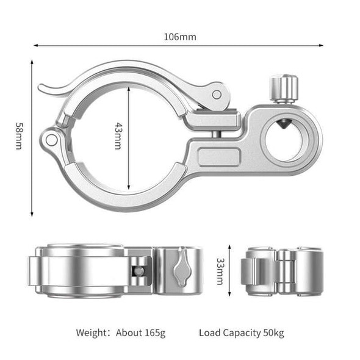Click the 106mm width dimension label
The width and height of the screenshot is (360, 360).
point(180,37)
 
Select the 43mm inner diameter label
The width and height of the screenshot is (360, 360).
point(118,137)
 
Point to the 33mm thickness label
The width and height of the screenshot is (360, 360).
point(220,270)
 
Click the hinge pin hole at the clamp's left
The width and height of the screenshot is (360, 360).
point(52,140)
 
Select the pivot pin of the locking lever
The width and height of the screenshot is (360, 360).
point(217,94)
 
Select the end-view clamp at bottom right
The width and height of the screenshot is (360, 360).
point(281,270)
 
